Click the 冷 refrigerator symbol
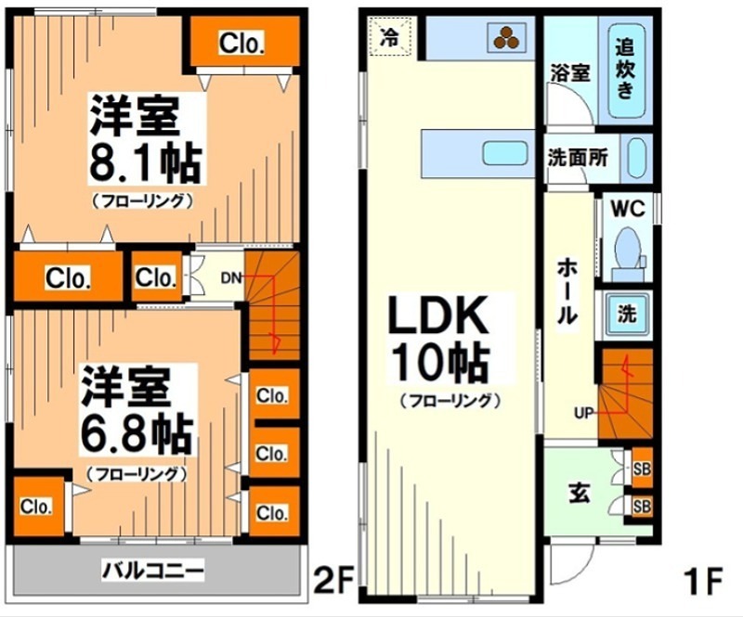click(390, 38)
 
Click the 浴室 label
click(568, 72)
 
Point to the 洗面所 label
click(577, 158)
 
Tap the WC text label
click(628, 208)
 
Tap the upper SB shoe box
click(641, 469)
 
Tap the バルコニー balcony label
click(153, 569)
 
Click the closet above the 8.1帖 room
click(242, 43)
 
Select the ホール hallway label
click(567, 291)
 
